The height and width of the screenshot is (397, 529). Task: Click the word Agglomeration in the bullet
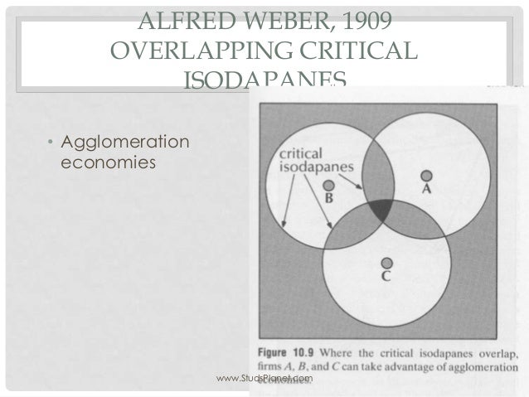point(124,143)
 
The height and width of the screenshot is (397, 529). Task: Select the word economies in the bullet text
point(108,162)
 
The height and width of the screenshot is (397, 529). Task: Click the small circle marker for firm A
point(425,175)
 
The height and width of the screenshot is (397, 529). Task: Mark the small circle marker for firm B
point(328,186)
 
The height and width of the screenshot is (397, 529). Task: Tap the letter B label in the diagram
point(328,200)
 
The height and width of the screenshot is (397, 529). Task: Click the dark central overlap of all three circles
point(381,211)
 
